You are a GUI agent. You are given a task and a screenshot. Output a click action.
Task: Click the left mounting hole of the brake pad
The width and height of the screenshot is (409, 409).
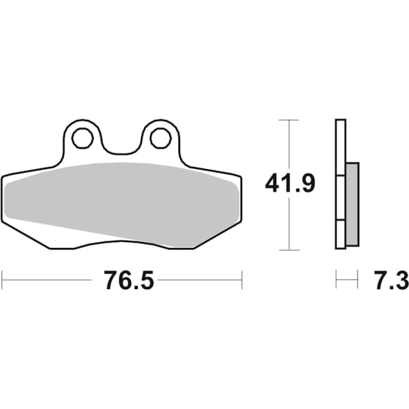click(82, 139)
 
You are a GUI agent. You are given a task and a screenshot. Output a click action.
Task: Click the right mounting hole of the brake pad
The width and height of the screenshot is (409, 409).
click(160, 138)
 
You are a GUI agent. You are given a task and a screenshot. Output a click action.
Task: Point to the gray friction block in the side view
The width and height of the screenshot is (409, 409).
click(352, 204)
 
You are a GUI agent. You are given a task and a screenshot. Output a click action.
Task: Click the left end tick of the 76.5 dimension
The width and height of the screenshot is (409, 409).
click(3, 279)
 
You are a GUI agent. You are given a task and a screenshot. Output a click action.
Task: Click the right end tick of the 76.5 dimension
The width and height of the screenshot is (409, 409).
click(241, 279)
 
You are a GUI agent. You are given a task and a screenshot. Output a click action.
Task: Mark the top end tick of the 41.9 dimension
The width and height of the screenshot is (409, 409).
click(290, 120)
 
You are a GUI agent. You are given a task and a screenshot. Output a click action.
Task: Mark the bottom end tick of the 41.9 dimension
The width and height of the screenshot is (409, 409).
click(290, 249)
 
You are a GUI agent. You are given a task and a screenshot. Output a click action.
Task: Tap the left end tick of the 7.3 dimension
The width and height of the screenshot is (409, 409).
click(336, 279)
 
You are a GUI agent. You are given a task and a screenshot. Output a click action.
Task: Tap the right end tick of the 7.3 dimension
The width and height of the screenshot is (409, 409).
click(357, 279)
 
